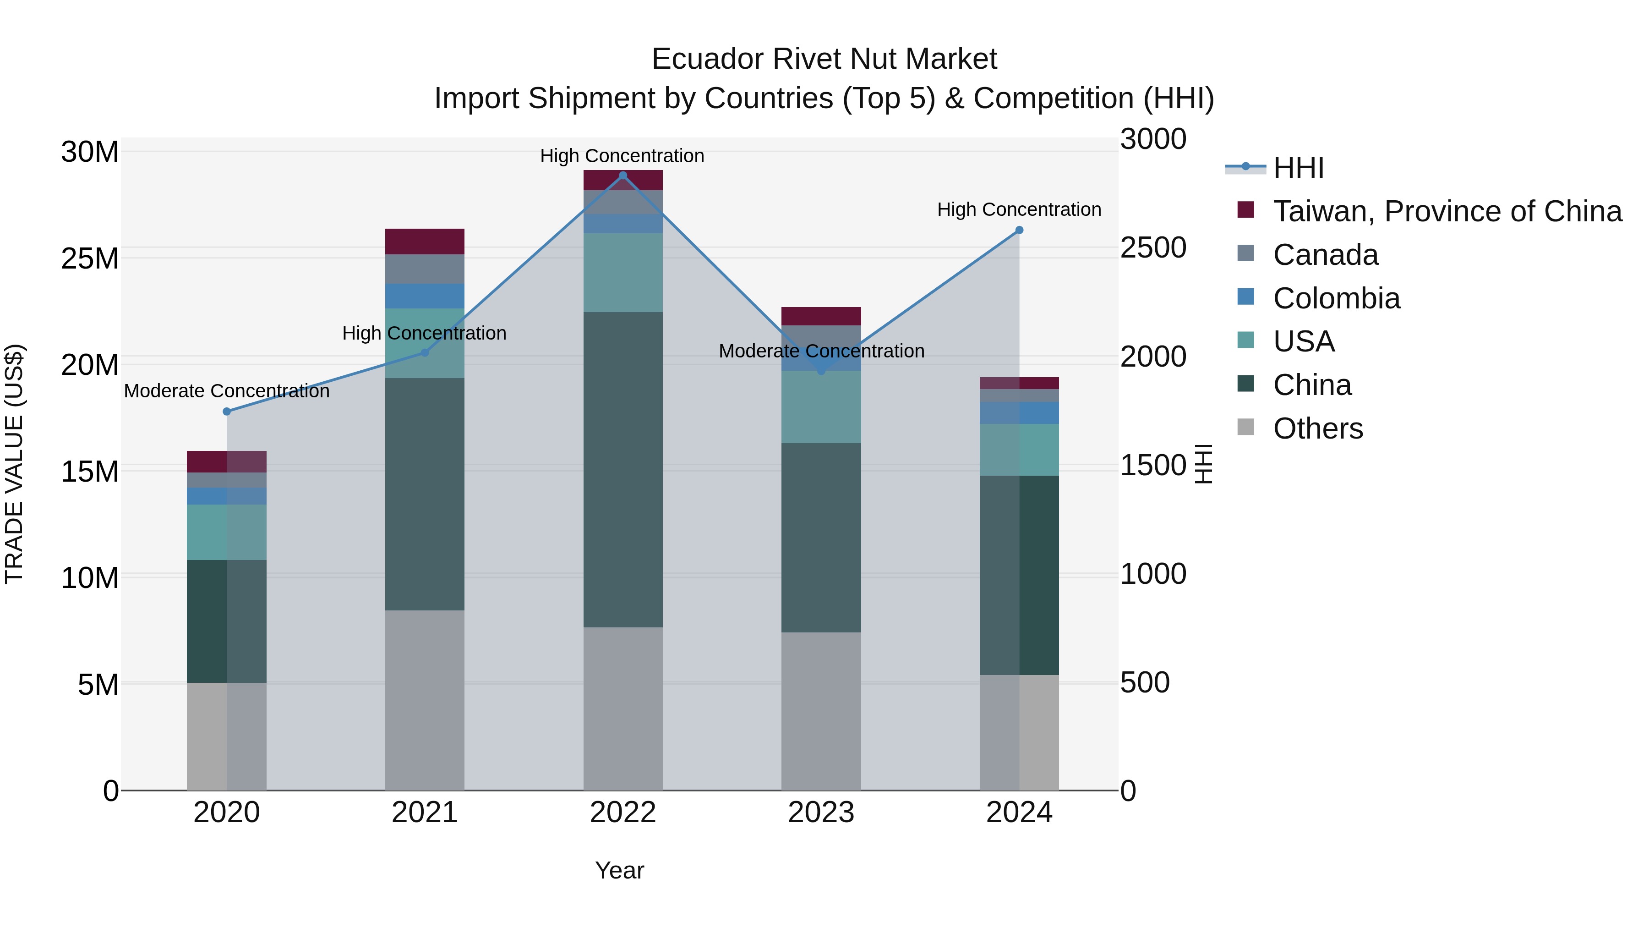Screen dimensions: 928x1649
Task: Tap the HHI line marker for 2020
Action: [227, 411]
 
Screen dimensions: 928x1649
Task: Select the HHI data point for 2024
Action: [1019, 230]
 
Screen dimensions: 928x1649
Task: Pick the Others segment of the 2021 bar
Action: [425, 699]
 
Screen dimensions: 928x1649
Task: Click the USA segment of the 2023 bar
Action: [821, 406]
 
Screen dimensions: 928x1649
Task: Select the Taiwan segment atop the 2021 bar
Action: [425, 242]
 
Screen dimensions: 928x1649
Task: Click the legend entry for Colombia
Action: [1336, 298]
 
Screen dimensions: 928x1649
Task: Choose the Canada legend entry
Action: [1325, 255]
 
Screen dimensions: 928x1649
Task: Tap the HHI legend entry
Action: [1298, 168]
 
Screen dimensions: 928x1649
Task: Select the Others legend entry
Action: [1317, 428]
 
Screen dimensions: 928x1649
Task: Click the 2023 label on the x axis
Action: [821, 813]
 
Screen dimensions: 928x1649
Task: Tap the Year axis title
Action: [619, 870]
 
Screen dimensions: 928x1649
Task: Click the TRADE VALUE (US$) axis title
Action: [14, 464]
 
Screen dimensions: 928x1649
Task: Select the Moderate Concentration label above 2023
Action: [821, 351]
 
